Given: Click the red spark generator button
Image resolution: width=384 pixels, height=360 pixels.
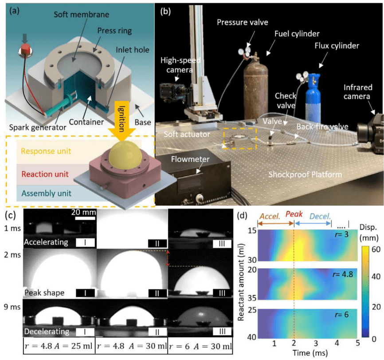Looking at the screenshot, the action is [25, 49].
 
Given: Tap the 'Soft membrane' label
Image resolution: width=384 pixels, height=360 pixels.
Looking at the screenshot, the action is [81, 15].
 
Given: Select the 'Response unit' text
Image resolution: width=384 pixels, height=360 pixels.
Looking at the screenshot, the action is [46, 151].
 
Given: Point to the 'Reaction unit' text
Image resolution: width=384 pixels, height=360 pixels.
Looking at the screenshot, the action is [45, 174].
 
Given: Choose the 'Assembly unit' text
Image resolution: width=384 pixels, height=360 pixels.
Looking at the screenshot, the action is [46, 193].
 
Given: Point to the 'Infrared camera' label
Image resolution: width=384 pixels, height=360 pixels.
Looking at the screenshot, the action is [357, 92].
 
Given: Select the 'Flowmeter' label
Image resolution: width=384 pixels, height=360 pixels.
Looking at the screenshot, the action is [190, 159].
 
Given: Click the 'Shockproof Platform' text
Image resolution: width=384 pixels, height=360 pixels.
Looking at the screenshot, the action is [305, 174].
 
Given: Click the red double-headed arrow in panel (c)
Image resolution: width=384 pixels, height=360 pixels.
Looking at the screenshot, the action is [168, 258].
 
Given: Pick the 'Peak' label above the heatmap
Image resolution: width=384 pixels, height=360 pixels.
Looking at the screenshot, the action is [294, 214].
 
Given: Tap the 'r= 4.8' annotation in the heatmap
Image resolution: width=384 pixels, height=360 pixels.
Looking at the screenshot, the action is [343, 274].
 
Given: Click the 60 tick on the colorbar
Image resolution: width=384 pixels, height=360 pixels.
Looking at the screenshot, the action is [376, 249].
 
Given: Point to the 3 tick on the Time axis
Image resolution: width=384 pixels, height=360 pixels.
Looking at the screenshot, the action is [316, 343].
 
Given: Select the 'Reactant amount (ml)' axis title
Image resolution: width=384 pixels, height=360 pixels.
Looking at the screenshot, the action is [241, 282].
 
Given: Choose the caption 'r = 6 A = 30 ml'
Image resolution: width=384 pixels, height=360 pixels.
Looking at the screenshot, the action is [200, 346].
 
